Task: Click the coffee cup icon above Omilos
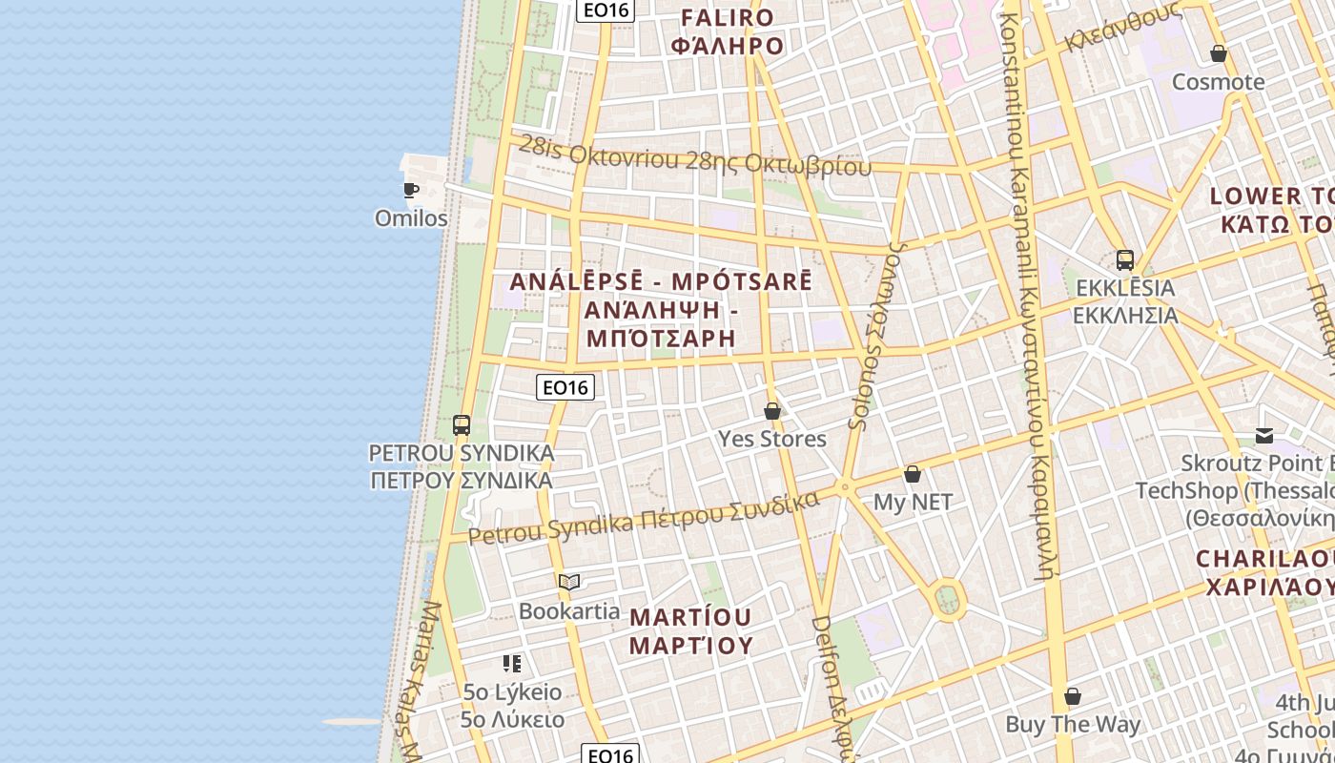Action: tap(411, 191)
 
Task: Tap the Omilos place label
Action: tap(411, 218)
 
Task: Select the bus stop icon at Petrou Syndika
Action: tap(462, 425)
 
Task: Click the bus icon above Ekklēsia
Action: tap(1125, 260)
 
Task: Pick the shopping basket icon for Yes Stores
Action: tap(772, 412)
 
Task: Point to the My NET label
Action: tap(913, 502)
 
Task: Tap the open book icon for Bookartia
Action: tap(569, 583)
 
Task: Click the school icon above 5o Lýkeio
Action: tap(512, 664)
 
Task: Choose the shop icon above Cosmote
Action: tap(1218, 53)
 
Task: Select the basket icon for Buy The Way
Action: tap(1073, 697)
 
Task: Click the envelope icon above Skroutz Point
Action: tap(1264, 437)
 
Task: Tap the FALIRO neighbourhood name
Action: tap(727, 17)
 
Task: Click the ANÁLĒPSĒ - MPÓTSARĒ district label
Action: tap(661, 282)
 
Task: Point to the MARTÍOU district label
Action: tap(691, 617)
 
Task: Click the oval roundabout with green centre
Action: tap(947, 600)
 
